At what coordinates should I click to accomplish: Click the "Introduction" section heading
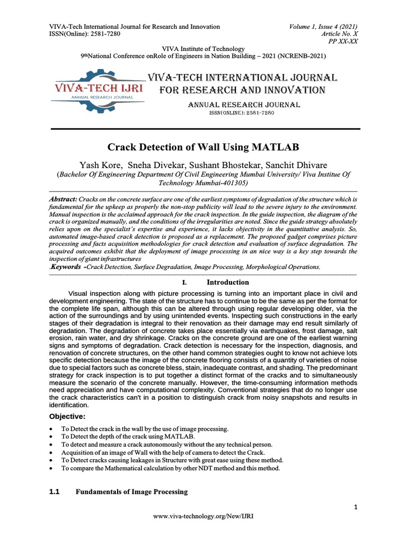pos(227,282)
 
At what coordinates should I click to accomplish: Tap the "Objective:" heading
pos(67,416)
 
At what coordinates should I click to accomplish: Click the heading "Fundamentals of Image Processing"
pos(131,492)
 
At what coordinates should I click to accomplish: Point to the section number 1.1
pos(54,492)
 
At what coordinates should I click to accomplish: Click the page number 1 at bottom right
pos(356,508)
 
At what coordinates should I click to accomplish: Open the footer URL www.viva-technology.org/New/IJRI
pos(203,516)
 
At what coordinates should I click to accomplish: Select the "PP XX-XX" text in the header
pos(344,40)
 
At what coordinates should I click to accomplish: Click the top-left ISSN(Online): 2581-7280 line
pos(84,33)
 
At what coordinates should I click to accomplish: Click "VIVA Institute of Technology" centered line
pos(203,48)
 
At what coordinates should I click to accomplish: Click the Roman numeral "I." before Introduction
pos(185,283)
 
